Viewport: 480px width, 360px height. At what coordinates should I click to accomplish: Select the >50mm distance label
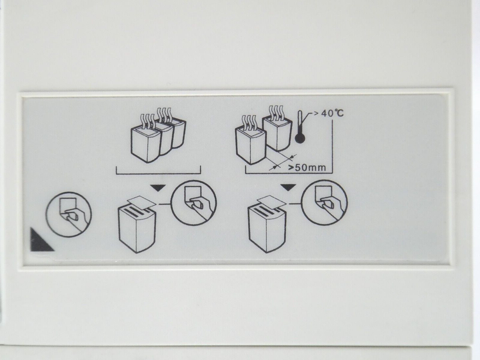click(307, 167)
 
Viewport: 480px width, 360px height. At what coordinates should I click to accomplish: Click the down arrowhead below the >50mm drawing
click(288, 187)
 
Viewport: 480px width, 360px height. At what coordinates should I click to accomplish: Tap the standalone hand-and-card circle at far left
click(69, 214)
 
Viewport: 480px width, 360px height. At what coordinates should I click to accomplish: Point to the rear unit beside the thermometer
click(277, 133)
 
